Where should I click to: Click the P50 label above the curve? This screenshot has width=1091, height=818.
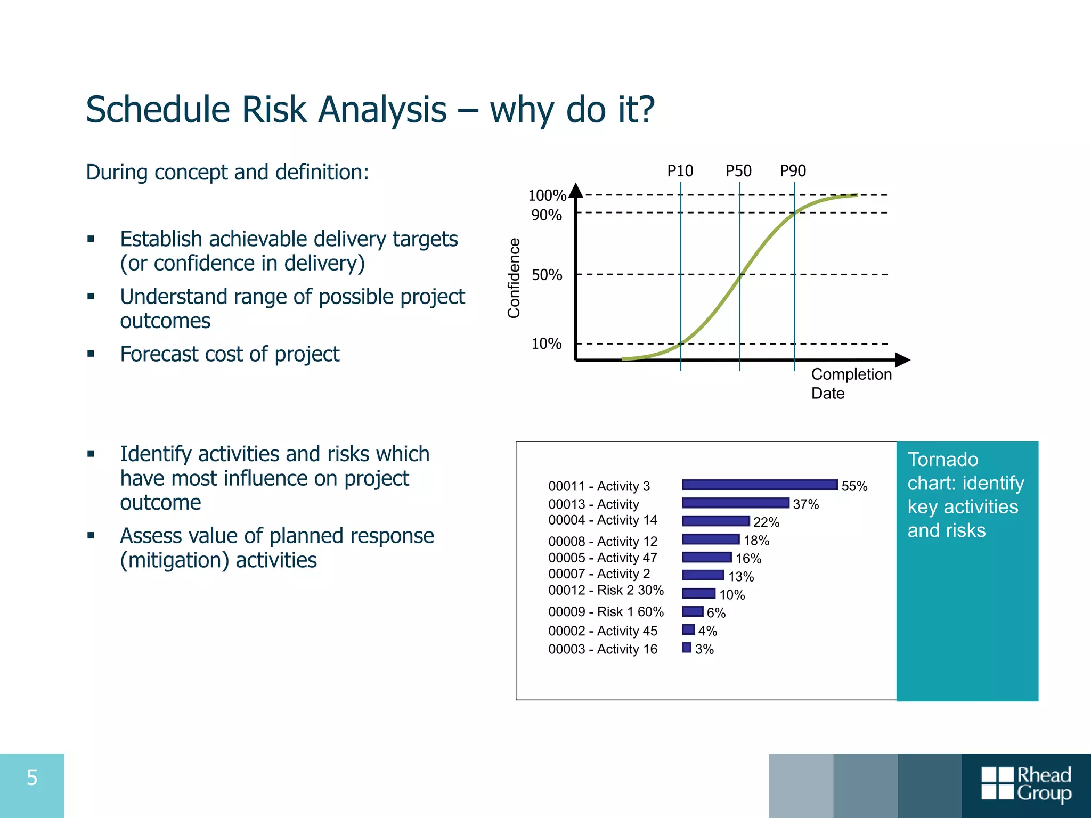738,171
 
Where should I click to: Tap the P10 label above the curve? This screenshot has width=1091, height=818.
680,171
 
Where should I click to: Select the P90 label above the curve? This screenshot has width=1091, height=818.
793,171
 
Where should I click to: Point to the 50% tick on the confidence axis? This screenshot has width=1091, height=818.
547,275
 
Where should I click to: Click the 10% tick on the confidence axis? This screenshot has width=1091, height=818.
547,343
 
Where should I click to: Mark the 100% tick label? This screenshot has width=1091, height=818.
547,195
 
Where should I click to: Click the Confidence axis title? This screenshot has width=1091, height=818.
514,278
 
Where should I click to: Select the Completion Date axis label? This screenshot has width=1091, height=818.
851,383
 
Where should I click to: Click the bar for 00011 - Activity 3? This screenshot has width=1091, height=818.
760,485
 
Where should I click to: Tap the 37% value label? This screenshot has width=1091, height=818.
805,504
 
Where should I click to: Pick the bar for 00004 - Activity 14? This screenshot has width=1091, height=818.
715,521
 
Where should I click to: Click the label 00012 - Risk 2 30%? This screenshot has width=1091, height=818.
606,590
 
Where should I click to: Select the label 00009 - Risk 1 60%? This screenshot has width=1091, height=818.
606,611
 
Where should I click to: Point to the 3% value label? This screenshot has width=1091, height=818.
704,649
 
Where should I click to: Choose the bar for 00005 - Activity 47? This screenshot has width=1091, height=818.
707,557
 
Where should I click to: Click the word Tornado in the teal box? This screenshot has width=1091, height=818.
942,459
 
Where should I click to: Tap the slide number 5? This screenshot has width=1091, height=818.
32,778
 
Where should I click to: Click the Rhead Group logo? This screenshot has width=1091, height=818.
1026,783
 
